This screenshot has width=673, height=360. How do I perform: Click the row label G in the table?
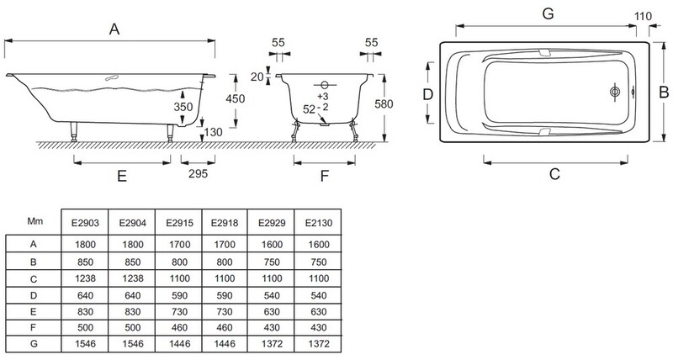35,345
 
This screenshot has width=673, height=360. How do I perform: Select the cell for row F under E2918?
226,328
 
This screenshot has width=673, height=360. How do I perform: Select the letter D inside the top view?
427,94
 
